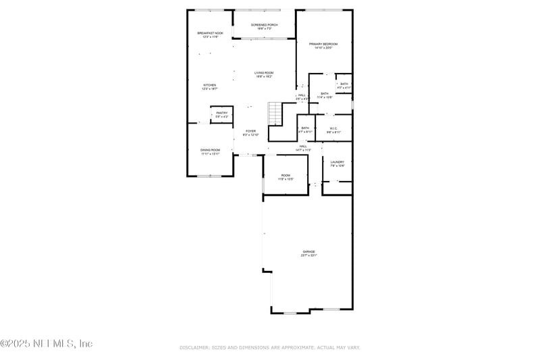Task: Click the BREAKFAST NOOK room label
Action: (209, 32)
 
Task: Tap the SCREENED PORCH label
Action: (264, 25)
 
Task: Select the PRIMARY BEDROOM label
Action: (323, 44)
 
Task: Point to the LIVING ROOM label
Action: (264, 72)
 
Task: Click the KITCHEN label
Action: (210, 85)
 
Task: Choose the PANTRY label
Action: (222, 113)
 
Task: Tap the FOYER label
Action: (250, 131)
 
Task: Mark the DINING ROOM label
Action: (210, 150)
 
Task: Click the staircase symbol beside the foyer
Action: (274, 113)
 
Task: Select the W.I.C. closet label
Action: (333, 128)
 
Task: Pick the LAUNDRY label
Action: (337, 162)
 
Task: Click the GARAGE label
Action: (308, 251)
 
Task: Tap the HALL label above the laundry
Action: (304, 146)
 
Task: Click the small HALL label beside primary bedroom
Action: (302, 95)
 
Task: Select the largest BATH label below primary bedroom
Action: (325, 93)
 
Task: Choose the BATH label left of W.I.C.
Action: (305, 128)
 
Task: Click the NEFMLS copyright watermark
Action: (47, 344)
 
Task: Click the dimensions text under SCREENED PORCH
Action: (264, 29)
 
